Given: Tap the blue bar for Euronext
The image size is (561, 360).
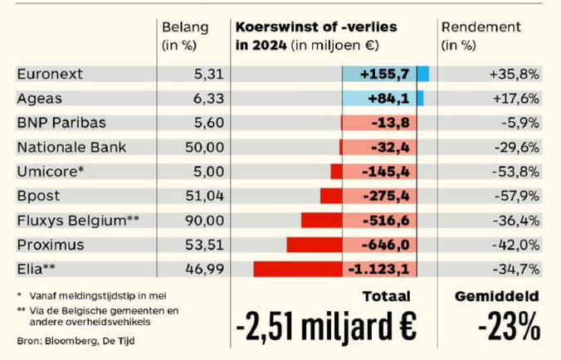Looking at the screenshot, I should click(422, 74).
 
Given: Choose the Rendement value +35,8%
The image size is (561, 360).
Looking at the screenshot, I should click(515, 74).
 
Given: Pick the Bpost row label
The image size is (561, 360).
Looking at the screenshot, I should click(36, 196).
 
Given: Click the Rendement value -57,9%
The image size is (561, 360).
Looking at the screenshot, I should click(516, 196).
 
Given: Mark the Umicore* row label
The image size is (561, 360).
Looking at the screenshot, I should click(44, 172).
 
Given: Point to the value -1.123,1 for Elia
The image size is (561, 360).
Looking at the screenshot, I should click(383, 270).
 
